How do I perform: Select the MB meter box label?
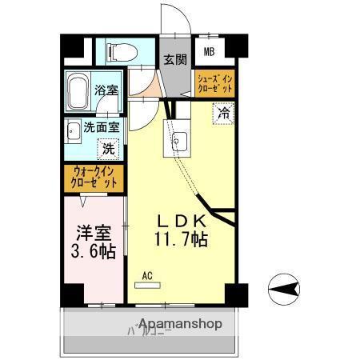pos(209,54)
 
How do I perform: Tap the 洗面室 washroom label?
pos(102,127)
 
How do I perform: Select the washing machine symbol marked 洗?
pos(108,147)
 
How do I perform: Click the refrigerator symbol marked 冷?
pos(225,114)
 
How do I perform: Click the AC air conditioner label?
pos(146,276)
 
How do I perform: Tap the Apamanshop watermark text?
pos(180,324)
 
